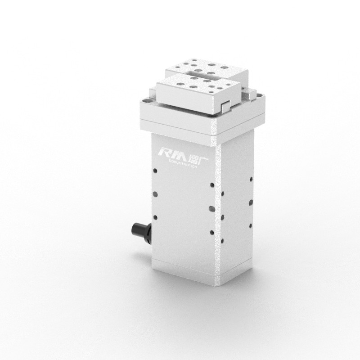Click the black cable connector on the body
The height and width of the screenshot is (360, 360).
click(x=139, y=230)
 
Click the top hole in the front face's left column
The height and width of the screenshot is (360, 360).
click(x=155, y=171)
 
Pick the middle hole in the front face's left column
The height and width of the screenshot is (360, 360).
click(x=155, y=194)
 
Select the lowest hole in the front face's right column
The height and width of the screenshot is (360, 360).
click(x=211, y=232)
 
